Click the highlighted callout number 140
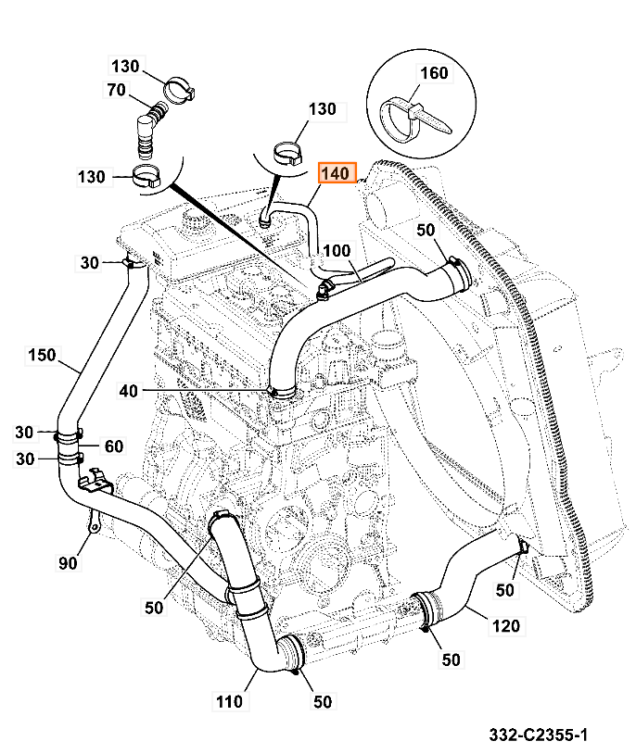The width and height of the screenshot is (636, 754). point(337,173)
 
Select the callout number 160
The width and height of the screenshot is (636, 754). point(434,73)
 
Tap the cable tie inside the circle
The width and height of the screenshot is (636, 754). point(407,119)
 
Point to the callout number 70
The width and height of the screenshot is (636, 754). point(116,90)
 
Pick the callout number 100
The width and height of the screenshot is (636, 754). point(338,251)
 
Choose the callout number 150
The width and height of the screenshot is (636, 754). point(42,355)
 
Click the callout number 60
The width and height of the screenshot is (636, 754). point(113,446)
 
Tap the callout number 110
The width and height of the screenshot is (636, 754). point(231,701)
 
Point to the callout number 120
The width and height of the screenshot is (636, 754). point(505,626)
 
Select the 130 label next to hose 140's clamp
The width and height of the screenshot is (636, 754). point(322,109)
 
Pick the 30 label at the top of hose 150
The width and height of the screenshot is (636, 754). point(88,263)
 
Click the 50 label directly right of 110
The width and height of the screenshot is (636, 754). point(322,701)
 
